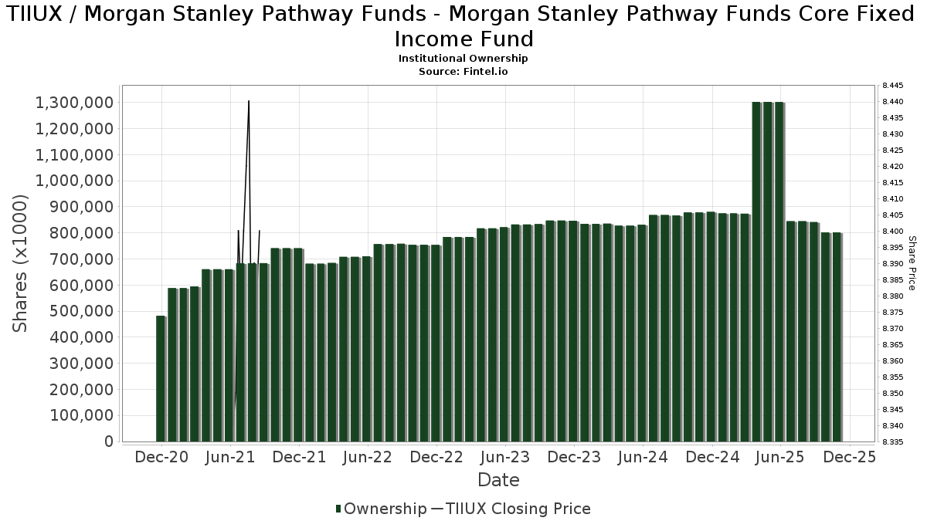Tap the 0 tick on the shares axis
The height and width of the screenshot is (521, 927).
coord(109,441)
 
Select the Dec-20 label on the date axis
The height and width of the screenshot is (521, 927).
coord(162,457)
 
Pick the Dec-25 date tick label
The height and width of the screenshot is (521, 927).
coord(849,457)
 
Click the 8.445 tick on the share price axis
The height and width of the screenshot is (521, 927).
coord(892,86)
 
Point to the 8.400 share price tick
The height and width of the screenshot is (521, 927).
coord(892,232)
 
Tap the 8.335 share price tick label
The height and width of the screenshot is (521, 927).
coord(892,442)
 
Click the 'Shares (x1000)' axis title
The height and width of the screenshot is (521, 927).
coord(21,263)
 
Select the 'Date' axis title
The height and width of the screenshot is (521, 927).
coord(498,480)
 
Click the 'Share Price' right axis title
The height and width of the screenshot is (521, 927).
coord(912,263)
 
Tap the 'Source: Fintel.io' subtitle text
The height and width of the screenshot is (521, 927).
coord(463,71)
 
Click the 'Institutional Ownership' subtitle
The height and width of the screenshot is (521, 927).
coord(463,59)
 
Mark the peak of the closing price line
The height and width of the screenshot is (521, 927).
coord(248,101)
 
